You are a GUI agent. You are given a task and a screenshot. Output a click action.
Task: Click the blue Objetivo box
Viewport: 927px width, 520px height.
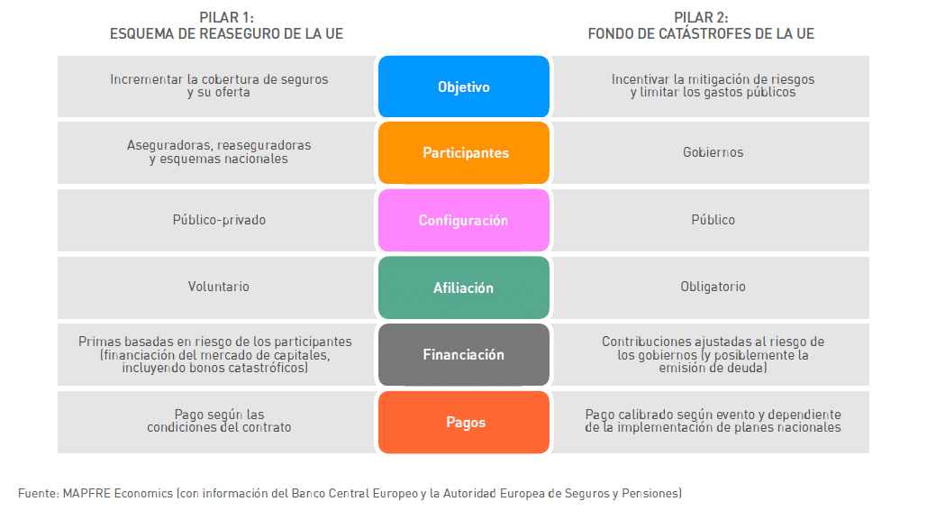click(x=463, y=87)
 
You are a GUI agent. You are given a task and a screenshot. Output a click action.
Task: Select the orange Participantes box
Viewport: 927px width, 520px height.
click(x=463, y=152)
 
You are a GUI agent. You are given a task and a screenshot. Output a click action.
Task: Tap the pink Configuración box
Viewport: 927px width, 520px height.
click(x=463, y=220)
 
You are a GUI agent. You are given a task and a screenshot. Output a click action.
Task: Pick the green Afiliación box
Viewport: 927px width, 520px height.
click(x=463, y=287)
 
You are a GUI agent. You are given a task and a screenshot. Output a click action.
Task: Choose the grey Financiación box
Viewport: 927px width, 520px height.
click(x=463, y=354)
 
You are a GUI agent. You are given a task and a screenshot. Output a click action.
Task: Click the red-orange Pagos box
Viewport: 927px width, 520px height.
click(x=463, y=422)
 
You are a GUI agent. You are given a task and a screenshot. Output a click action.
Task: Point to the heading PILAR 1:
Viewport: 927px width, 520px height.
click(x=226, y=18)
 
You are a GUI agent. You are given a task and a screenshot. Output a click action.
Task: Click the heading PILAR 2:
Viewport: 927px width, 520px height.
click(x=701, y=18)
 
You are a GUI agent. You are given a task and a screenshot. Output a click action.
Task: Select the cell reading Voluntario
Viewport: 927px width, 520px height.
click(x=219, y=287)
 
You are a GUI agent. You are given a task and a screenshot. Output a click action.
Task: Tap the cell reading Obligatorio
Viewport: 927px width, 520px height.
click(x=713, y=287)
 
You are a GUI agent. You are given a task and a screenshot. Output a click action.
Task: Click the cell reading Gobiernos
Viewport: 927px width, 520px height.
click(x=713, y=152)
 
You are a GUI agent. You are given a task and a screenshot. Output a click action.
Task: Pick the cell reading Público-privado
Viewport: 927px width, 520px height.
click(x=219, y=220)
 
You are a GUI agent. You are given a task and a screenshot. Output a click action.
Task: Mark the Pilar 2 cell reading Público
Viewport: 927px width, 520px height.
click(x=713, y=220)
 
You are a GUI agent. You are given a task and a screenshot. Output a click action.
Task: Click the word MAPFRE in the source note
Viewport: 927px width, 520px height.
click(x=86, y=493)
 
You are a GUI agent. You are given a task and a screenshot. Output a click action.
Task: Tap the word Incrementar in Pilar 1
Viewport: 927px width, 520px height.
click(x=147, y=79)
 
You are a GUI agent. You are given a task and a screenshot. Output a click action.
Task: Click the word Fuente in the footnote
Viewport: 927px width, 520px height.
click(x=38, y=493)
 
